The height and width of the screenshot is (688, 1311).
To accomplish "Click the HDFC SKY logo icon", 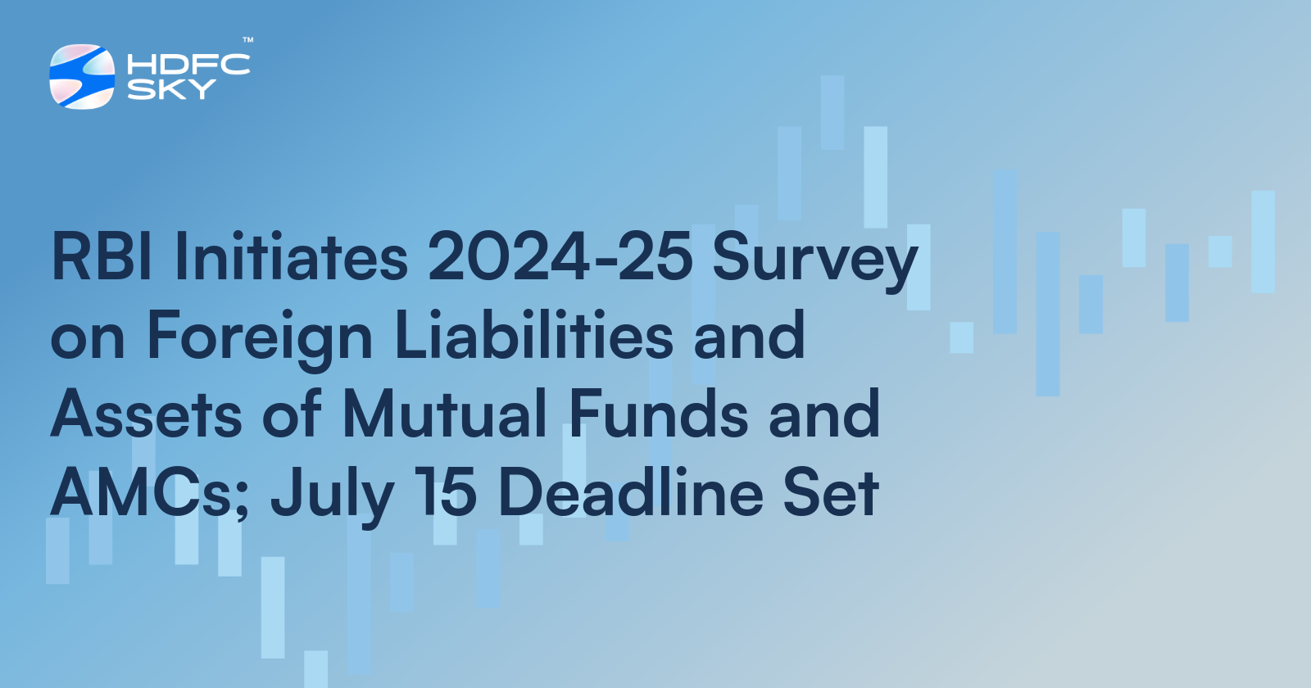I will pos(82,76).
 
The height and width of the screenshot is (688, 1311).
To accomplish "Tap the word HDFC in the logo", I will pos(188,65).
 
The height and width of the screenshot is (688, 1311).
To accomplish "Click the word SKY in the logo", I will pos(171,88).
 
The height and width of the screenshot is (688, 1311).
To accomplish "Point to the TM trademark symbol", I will pos(247,39).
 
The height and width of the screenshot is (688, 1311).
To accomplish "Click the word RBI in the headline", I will pos(102,257).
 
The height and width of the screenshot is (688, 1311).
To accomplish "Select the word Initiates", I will pos(291,257).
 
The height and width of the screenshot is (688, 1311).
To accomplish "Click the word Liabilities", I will pos(533,336).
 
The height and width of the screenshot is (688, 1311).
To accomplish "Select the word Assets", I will pos(147,414).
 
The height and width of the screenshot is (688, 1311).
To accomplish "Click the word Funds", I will pos(658,414).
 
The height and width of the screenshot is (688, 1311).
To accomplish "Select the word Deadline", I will pos(630,493).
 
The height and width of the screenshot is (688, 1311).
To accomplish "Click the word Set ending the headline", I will pos(831,493).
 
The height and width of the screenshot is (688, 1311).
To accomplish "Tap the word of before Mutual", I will pos(292,414).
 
